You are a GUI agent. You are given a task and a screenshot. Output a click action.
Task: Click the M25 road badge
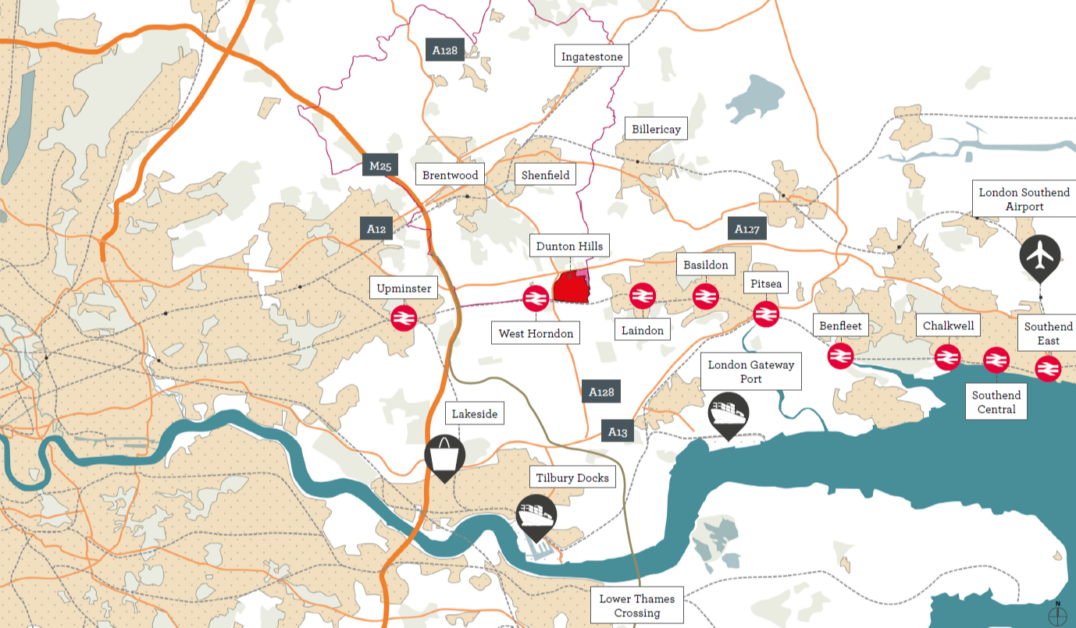tap(380, 166)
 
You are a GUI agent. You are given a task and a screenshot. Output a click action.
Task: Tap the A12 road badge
tap(376, 229)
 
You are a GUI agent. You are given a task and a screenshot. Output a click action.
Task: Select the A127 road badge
tap(746, 229)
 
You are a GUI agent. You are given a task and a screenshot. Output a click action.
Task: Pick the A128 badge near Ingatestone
tap(444, 50)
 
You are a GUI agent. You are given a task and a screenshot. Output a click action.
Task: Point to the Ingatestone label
tap(591, 56)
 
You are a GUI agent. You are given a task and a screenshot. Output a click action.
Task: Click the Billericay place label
tap(655, 129)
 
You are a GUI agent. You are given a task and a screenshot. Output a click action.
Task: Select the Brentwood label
tap(450, 175)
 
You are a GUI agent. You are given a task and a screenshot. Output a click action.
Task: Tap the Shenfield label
tap(545, 175)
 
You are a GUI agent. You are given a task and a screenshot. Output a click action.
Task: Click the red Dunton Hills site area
tap(570, 288)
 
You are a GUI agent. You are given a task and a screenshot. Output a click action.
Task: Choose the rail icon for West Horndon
tap(536, 299)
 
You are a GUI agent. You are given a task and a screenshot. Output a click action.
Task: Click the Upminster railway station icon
tap(404, 318)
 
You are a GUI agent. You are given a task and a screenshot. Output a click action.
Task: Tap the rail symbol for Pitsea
tap(765, 313)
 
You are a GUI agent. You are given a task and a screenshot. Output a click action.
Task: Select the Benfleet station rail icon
tap(840, 355)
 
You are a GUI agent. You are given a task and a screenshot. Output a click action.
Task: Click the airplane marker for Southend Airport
tap(1040, 256)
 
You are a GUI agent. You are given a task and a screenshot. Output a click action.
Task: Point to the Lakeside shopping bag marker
tap(444, 455)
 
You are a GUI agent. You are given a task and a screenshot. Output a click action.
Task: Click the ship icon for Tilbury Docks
tap(536, 515)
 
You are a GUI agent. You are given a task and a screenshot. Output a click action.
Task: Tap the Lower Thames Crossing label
tap(636, 606)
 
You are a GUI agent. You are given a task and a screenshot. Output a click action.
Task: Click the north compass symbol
tap(1058, 615)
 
